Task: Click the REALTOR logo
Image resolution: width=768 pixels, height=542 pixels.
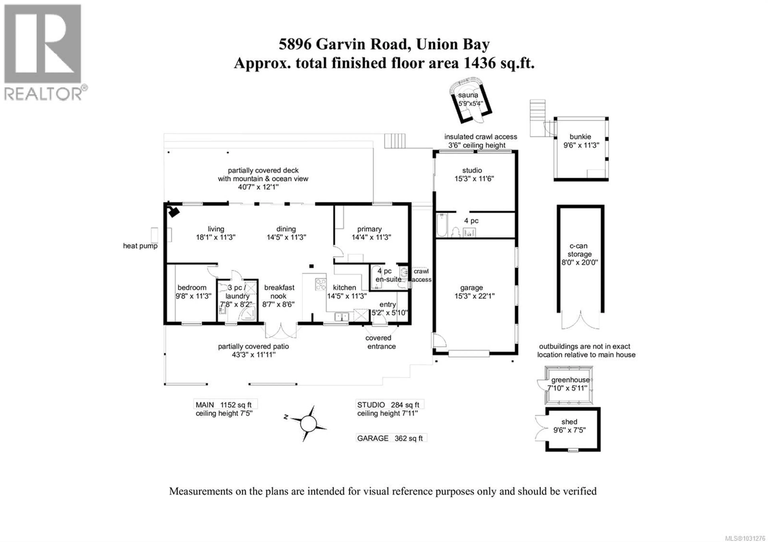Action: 43,52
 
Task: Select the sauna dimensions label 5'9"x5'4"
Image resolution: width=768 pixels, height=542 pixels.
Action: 471,104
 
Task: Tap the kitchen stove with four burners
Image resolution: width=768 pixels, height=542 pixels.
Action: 320,284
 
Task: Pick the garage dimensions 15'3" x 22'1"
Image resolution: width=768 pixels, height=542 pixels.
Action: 474,296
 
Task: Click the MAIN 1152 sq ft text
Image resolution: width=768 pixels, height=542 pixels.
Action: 223,405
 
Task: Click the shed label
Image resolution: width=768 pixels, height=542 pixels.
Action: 569,422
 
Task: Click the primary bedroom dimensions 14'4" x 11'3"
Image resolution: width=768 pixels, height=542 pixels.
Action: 371,237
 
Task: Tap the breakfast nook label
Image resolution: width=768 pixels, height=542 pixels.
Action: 279,292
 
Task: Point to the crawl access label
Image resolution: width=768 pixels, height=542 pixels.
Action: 421,275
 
